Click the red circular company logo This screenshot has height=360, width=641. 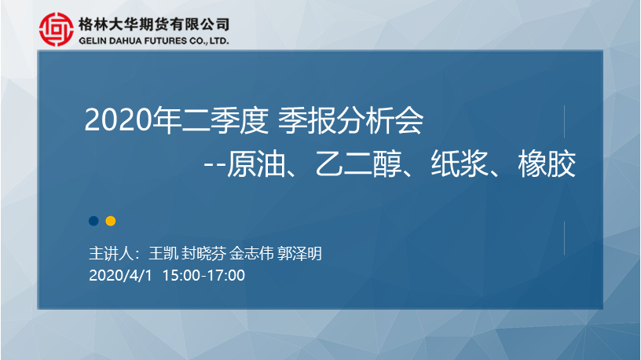pyautogui.click(x=57, y=29)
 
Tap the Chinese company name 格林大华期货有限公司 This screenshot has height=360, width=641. pyautogui.click(x=154, y=24)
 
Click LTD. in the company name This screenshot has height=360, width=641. pyautogui.click(x=219, y=41)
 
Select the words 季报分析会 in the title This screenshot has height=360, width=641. pyautogui.click(x=351, y=120)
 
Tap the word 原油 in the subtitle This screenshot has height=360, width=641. pyautogui.click(x=255, y=164)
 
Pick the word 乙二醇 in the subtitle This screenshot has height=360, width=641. pyautogui.click(x=358, y=164)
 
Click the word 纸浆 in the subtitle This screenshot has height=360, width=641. pyautogui.click(x=460, y=164)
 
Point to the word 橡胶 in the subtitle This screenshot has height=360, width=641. pyautogui.click(x=547, y=164)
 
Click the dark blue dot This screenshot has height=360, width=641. pyautogui.click(x=93, y=221)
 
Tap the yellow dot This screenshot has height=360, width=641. pyautogui.click(x=111, y=221)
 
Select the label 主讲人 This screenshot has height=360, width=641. pyautogui.click(x=112, y=254)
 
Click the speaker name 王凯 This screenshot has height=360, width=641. pyautogui.click(x=163, y=254)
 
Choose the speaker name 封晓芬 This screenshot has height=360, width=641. pyautogui.click(x=203, y=254)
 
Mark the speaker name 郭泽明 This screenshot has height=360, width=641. pyautogui.click(x=299, y=254)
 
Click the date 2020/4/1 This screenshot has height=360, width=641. pyautogui.click(x=120, y=275)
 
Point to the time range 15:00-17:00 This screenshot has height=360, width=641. pyautogui.click(x=203, y=275)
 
